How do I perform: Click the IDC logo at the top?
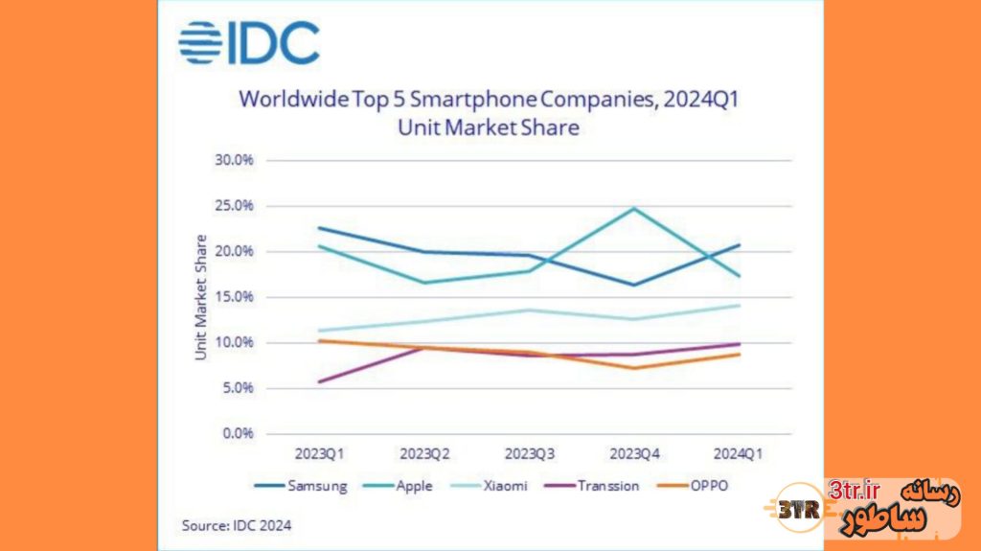point(249,42)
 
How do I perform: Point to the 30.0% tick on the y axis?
point(234,161)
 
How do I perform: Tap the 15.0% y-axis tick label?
point(234,297)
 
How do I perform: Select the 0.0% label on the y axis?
point(237,433)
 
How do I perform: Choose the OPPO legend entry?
point(696,486)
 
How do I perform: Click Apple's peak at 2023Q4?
point(633,208)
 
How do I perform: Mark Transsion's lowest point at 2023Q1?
point(318,381)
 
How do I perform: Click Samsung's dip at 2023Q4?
point(633,285)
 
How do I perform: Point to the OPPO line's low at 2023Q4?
point(633,368)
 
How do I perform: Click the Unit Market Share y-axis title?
point(201,297)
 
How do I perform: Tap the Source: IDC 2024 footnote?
point(237,525)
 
